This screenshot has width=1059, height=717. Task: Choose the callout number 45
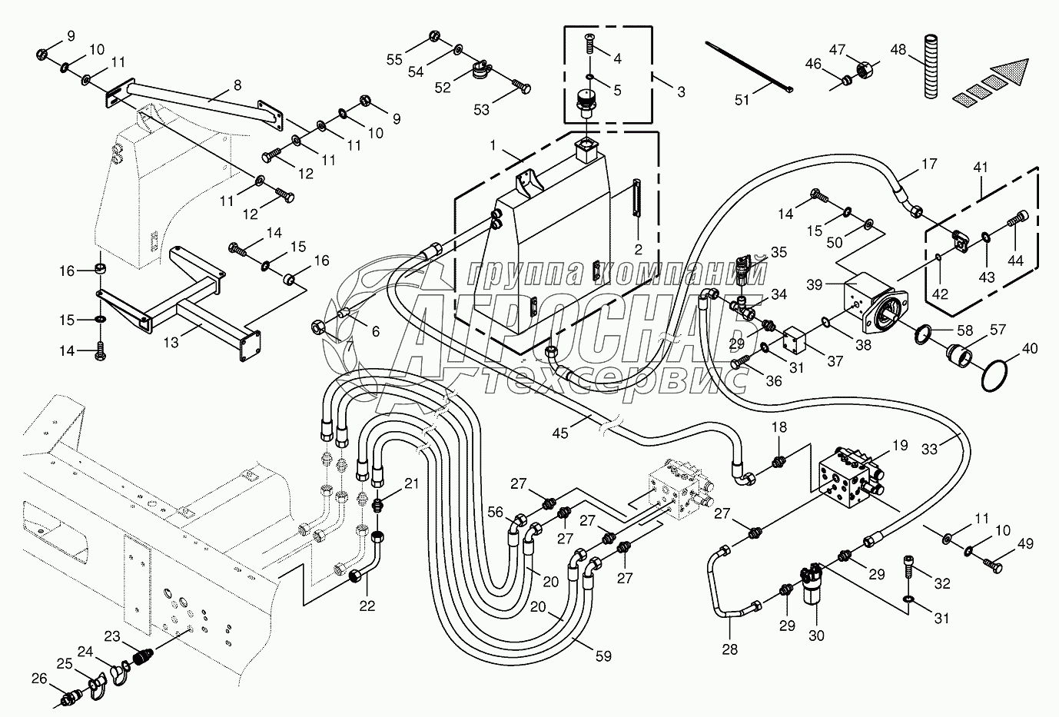click(x=560, y=433)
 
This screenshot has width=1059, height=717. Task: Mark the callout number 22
click(x=367, y=606)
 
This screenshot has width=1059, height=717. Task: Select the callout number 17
click(x=929, y=164)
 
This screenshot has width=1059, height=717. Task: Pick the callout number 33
click(x=929, y=449)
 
